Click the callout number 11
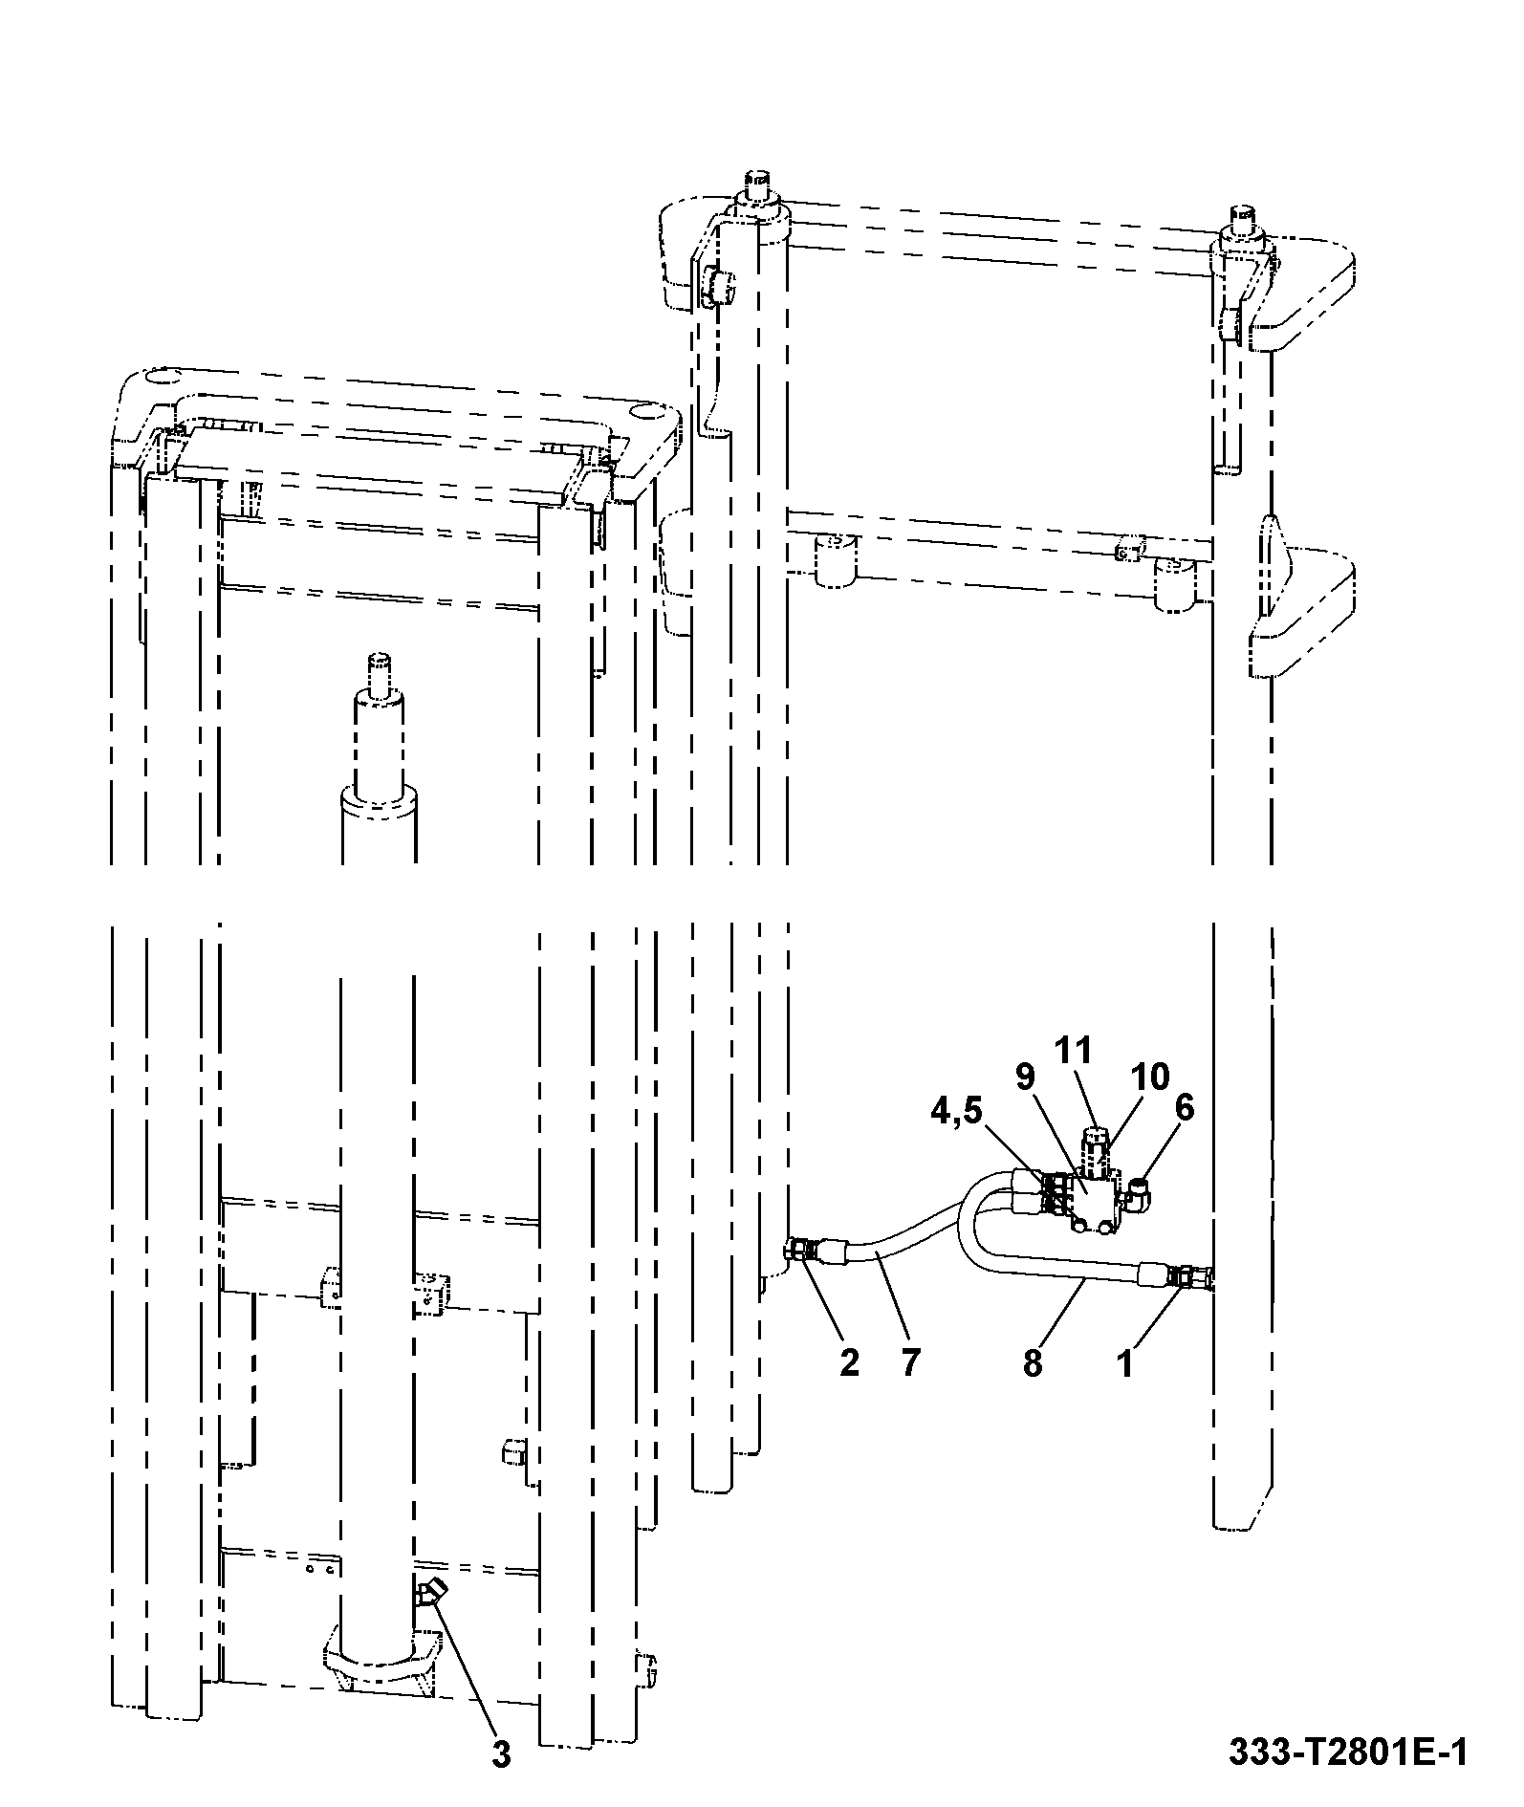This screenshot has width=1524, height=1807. point(1073,1050)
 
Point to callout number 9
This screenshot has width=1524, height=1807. point(1025,1078)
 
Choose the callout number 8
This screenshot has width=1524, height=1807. point(1033,1362)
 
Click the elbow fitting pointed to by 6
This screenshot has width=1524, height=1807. point(1140,1192)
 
